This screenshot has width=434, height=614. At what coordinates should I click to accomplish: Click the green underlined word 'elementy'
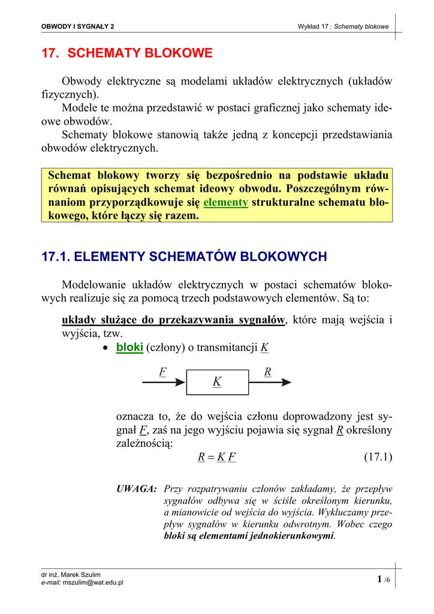225,203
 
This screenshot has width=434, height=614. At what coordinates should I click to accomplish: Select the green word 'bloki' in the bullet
129,348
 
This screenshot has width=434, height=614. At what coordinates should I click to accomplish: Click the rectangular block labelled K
217,382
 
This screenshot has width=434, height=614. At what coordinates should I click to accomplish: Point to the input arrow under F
164,382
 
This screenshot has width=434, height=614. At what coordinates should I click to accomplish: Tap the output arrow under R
270,382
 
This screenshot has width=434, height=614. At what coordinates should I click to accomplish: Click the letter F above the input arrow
162,372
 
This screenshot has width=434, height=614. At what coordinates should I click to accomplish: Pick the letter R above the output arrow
267,372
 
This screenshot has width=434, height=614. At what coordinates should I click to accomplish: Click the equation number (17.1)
378,458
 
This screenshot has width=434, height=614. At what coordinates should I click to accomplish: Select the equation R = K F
216,458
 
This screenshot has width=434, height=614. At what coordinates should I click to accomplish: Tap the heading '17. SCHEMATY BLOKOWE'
126,53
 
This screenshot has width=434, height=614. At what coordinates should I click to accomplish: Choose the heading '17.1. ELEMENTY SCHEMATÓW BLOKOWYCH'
184,257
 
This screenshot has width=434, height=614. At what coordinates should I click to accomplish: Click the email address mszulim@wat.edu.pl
93,582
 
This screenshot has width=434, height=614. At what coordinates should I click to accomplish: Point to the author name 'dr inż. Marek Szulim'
71,574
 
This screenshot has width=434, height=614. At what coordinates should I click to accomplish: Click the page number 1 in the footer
379,579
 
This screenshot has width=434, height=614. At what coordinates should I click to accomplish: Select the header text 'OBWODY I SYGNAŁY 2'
77,26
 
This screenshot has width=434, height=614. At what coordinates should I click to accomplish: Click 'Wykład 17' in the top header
314,26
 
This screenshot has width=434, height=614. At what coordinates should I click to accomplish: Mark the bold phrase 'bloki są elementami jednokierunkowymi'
249,535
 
